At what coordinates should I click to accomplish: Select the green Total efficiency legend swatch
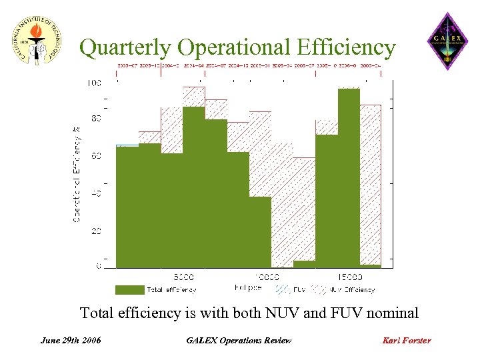point(129,290)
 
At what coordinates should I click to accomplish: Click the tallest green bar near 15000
point(349,177)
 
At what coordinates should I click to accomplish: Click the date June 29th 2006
point(71,341)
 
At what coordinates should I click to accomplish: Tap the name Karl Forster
point(406,341)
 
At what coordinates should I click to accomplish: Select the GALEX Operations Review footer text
point(239,341)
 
